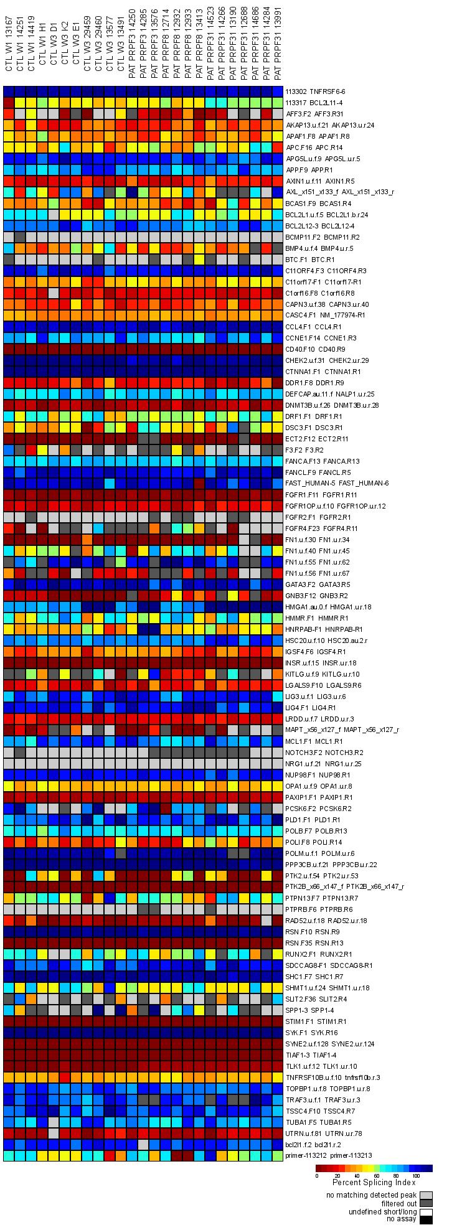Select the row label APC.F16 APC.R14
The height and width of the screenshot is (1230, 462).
click(310, 148)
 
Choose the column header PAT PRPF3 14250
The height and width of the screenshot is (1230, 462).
click(132, 44)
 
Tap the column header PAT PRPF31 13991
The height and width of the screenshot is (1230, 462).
click(278, 44)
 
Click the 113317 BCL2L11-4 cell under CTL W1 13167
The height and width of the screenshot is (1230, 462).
click(9, 103)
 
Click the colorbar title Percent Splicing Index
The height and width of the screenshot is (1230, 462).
click(374, 1181)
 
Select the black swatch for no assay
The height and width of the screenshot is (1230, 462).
click(427, 1218)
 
